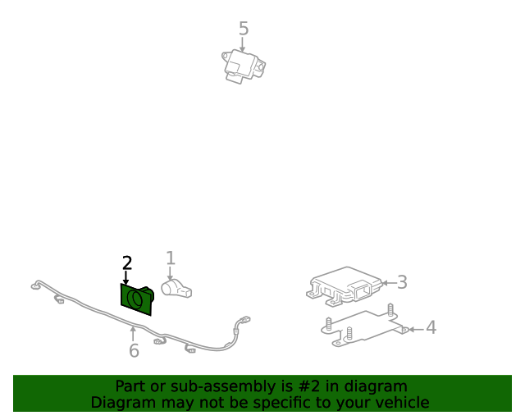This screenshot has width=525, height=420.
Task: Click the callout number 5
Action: [x=244, y=29]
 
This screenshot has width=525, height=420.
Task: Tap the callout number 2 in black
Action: [x=126, y=262]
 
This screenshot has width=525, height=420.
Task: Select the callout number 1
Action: [x=171, y=258]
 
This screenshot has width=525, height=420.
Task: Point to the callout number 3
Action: [x=402, y=282]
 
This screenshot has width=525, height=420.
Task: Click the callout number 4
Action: [x=431, y=328]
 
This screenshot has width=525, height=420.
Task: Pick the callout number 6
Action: [x=134, y=351]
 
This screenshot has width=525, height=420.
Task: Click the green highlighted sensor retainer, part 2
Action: [x=136, y=299]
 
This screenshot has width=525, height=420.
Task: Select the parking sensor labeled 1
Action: [x=176, y=288]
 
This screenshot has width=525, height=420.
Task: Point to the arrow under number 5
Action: [x=244, y=45]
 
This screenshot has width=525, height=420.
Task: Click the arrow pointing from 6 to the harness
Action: [x=134, y=333]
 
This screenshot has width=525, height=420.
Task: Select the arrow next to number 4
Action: [x=415, y=329]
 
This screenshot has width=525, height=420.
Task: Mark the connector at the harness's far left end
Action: [x=35, y=286]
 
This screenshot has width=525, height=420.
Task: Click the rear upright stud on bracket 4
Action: [x=390, y=309]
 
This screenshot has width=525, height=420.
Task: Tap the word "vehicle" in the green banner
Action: [x=401, y=402]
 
